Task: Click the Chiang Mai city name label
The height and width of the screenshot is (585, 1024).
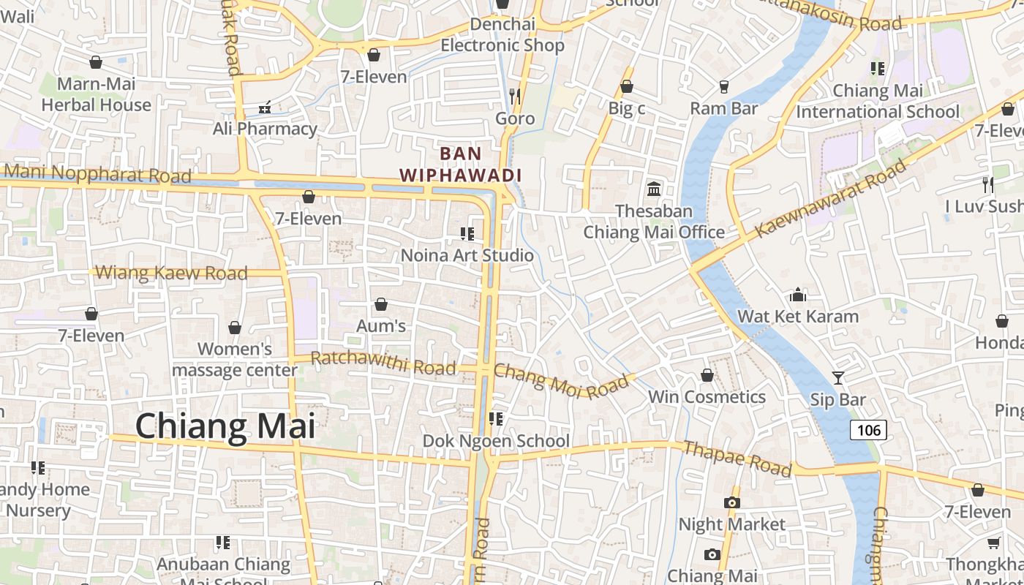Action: (225, 426)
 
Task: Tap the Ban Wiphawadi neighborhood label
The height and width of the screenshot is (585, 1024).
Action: (461, 165)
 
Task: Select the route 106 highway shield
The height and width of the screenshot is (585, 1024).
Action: (868, 430)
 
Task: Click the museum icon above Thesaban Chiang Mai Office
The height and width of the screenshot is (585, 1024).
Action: (654, 189)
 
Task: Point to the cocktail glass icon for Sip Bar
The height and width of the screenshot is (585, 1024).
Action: (838, 378)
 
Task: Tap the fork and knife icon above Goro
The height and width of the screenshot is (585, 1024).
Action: (515, 96)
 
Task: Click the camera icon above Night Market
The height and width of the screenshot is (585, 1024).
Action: (731, 502)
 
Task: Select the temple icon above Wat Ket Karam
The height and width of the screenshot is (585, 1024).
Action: (798, 295)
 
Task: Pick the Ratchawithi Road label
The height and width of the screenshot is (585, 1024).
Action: (383, 363)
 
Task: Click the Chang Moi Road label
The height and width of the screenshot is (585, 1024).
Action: (561, 381)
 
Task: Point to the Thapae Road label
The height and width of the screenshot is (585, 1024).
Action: (737, 458)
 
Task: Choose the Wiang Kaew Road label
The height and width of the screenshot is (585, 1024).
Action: (172, 273)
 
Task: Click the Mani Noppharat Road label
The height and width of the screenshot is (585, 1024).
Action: (97, 174)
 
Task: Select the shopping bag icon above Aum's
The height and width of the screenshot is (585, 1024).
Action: (380, 304)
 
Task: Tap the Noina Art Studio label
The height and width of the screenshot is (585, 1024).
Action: (467, 256)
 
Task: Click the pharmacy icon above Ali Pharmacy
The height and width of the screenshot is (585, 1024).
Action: (265, 107)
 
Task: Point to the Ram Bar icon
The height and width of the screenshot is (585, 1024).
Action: (724, 86)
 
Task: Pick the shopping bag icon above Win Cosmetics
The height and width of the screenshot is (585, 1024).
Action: (707, 375)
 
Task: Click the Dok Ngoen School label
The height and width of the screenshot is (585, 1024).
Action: (496, 441)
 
